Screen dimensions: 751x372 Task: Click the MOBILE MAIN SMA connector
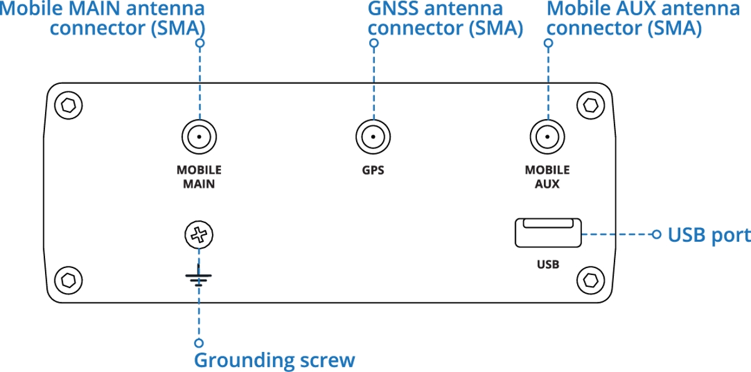coord(199,137)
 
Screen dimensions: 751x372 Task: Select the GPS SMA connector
coord(373,137)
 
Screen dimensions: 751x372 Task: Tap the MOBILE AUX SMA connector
coord(547,137)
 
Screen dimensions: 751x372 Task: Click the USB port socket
coord(548,233)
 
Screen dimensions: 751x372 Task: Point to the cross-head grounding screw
coord(199,235)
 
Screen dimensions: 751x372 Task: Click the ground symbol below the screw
coord(198,276)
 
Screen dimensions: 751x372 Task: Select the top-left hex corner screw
coord(68,105)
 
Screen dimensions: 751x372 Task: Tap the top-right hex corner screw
coord(590,105)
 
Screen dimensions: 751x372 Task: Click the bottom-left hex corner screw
coord(68,281)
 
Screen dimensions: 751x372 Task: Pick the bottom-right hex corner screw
coord(590,281)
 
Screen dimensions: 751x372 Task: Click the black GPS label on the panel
coord(373,170)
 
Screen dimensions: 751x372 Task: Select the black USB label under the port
coord(548,265)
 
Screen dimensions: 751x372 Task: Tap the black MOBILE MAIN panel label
coord(199,177)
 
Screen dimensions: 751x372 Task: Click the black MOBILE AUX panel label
coord(547,177)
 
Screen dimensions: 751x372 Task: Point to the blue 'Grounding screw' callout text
coord(274,360)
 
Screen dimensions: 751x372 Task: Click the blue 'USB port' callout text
coord(709,235)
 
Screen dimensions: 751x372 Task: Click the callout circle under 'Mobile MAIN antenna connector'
coord(200,43)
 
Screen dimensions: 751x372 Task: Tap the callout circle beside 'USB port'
coord(656,234)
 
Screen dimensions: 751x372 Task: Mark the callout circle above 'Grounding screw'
coord(199,343)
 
